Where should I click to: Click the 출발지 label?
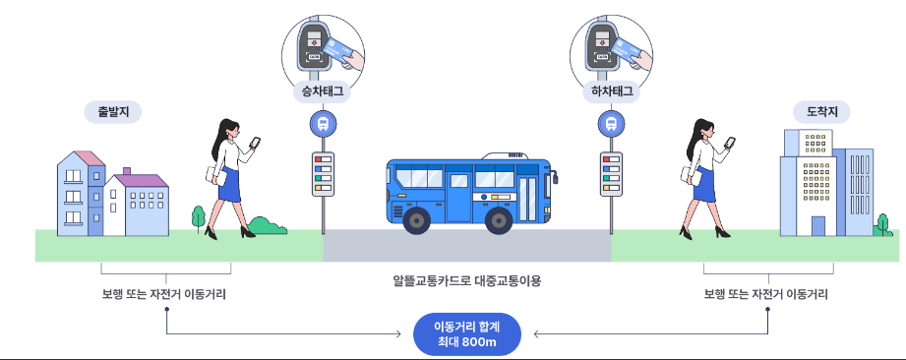(114, 112)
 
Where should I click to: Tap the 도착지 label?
(821, 112)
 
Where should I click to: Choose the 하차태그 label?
(611, 93)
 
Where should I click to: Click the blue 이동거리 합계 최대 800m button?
(466, 334)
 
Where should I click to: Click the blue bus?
(472, 192)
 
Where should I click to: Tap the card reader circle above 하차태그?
(611, 43)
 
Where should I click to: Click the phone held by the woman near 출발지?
(255, 143)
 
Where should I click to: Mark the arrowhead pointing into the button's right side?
(536, 334)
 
